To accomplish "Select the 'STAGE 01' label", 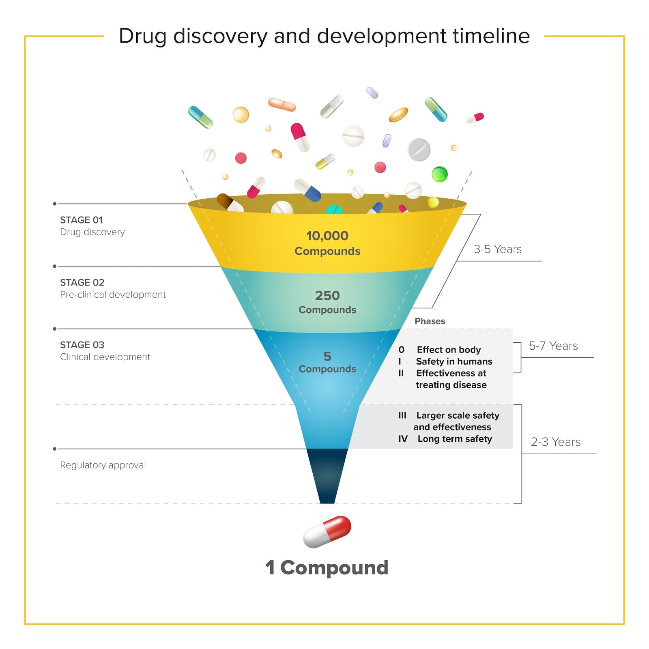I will (81, 220).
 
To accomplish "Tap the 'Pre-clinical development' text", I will (113, 294).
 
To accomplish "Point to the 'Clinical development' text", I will (105, 357).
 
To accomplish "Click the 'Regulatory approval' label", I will (103, 465).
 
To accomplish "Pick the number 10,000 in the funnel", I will (327, 236).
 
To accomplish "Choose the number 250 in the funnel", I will (327, 295).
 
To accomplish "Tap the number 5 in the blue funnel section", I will (327, 356).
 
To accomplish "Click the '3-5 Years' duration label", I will (498, 249).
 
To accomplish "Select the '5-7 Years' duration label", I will (553, 346).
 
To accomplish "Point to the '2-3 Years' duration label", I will (556, 442).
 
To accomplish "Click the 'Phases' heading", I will (430, 321).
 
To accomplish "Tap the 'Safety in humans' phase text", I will (454, 361).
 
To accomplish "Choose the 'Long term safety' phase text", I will (455, 439).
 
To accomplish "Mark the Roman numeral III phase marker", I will (402, 415).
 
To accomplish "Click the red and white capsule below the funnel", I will (327, 532).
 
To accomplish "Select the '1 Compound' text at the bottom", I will (327, 567).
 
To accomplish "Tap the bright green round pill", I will (439, 174).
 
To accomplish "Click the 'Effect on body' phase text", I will (449, 350).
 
